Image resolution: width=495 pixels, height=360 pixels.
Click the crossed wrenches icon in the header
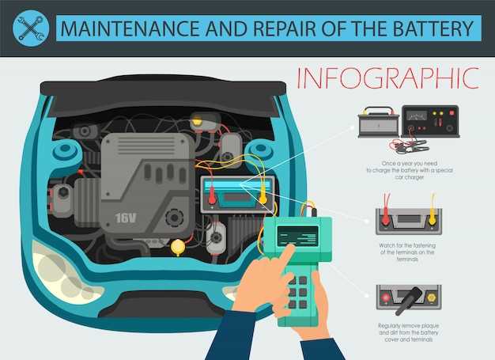pyautogui.click(x=31, y=28)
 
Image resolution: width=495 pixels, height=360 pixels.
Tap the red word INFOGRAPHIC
pyautogui.click(x=388, y=78)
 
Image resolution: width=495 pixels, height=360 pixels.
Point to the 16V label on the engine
pyautogui.click(x=126, y=218)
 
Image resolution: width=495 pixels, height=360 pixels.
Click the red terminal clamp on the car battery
pyautogui.click(x=212, y=195)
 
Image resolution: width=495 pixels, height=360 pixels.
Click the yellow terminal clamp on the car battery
pyautogui.click(x=263, y=195)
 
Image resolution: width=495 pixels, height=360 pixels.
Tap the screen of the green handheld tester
pyautogui.click(x=297, y=236)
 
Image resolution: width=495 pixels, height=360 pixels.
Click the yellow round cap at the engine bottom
pyautogui.click(x=178, y=247)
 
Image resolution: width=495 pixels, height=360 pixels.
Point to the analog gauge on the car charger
pyautogui.click(x=416, y=116)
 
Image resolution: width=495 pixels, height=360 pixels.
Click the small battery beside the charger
pyautogui.click(x=378, y=123)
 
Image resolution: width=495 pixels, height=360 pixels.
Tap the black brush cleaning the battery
pyautogui.click(x=409, y=301)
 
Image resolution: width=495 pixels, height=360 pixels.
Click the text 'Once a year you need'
pyautogui.click(x=409, y=164)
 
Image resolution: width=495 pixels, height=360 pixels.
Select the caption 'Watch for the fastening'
pyautogui.click(x=407, y=245)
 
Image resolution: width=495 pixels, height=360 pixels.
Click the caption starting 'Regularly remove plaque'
pyautogui.click(x=409, y=332)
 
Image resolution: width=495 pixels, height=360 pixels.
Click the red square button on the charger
pyautogui.click(x=452, y=112)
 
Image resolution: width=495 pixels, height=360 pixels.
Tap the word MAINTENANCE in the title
pyautogui.click(x=130, y=28)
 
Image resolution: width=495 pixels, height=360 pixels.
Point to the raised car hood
pyautogui.click(x=163, y=95)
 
